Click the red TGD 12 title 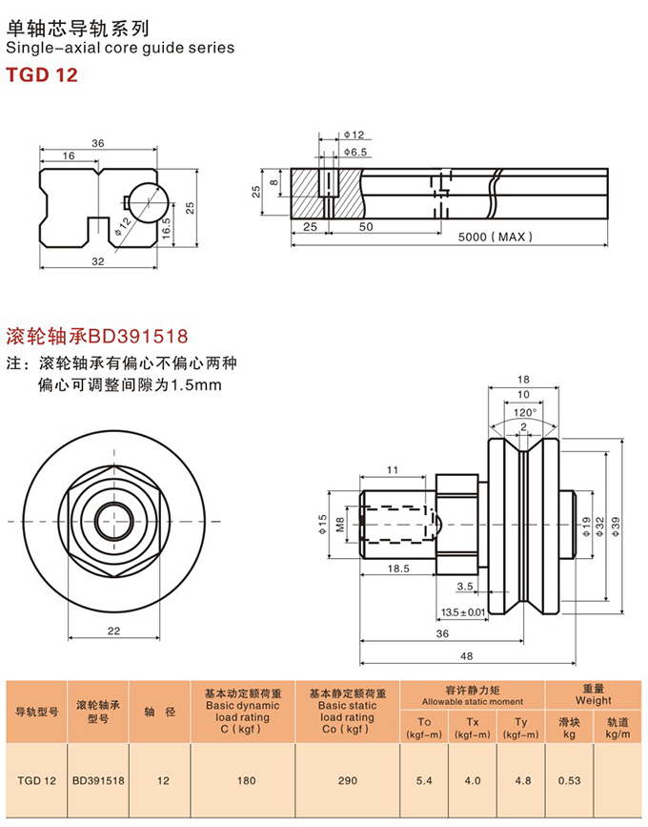click(42, 73)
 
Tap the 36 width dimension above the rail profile click(97, 143)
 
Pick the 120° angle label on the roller click(523, 412)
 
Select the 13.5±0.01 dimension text click(463, 611)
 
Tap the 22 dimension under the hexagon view click(113, 631)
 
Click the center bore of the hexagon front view click(113, 521)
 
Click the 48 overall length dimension click(466, 656)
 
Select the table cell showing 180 click(246, 780)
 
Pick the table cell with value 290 click(347, 780)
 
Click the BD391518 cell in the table click(98, 780)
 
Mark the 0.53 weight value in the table click(570, 780)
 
